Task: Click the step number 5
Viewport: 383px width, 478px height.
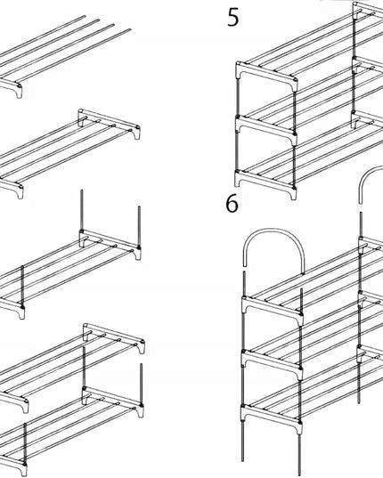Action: (233, 18)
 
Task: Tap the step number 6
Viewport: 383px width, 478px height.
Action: (232, 203)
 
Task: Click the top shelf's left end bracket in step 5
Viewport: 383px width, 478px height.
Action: (266, 75)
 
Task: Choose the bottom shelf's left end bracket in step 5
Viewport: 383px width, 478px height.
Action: (265, 182)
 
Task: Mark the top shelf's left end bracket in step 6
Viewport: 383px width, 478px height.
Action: (273, 309)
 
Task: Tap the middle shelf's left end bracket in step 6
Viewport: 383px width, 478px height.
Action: (272, 363)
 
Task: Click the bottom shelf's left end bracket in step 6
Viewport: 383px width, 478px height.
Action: (272, 417)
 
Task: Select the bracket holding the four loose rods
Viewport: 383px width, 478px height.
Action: (12, 88)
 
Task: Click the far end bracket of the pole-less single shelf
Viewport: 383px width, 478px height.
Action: (109, 123)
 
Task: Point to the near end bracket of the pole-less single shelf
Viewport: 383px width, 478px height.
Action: (12, 189)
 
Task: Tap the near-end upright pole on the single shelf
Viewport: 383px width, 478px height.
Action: (22, 287)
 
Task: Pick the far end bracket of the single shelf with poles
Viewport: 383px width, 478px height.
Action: (110, 244)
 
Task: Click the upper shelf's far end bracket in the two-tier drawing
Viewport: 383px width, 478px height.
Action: (114, 337)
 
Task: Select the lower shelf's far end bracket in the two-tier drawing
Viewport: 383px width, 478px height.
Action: (113, 401)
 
